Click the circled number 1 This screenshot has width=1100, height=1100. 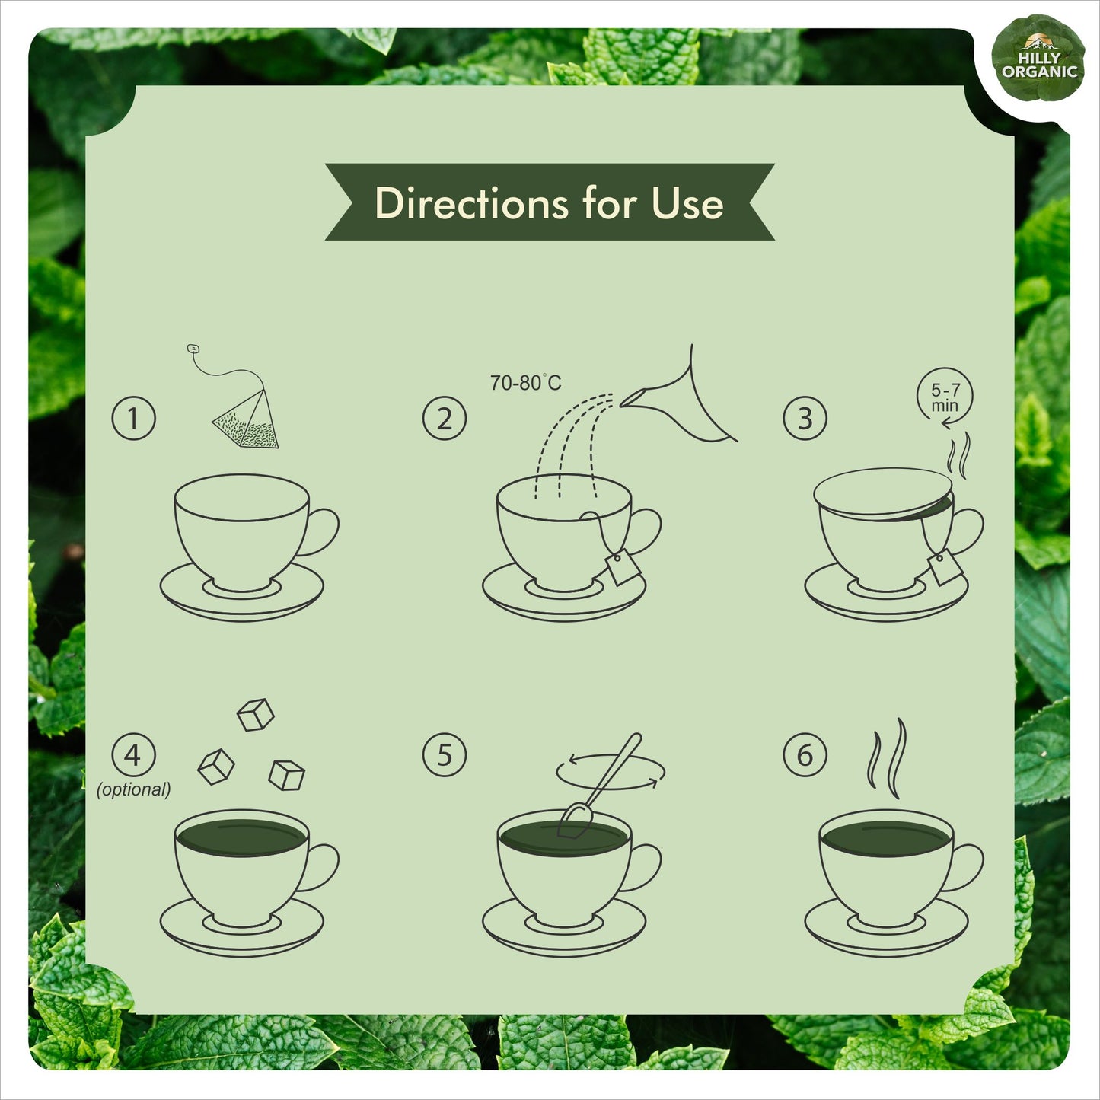(133, 418)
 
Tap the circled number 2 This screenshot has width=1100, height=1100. (444, 418)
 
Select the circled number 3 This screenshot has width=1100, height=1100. (805, 418)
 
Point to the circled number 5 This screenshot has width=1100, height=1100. (444, 755)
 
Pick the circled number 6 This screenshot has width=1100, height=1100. (805, 755)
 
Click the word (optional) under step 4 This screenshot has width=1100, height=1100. (133, 789)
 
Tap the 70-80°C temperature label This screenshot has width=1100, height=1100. (525, 382)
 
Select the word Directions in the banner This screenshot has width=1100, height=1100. (471, 202)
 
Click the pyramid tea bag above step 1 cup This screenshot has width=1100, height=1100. (246, 419)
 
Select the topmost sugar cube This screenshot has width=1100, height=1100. (255, 714)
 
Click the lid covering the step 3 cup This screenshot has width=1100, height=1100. (883, 494)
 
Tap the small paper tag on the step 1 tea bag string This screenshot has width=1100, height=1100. (193, 348)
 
